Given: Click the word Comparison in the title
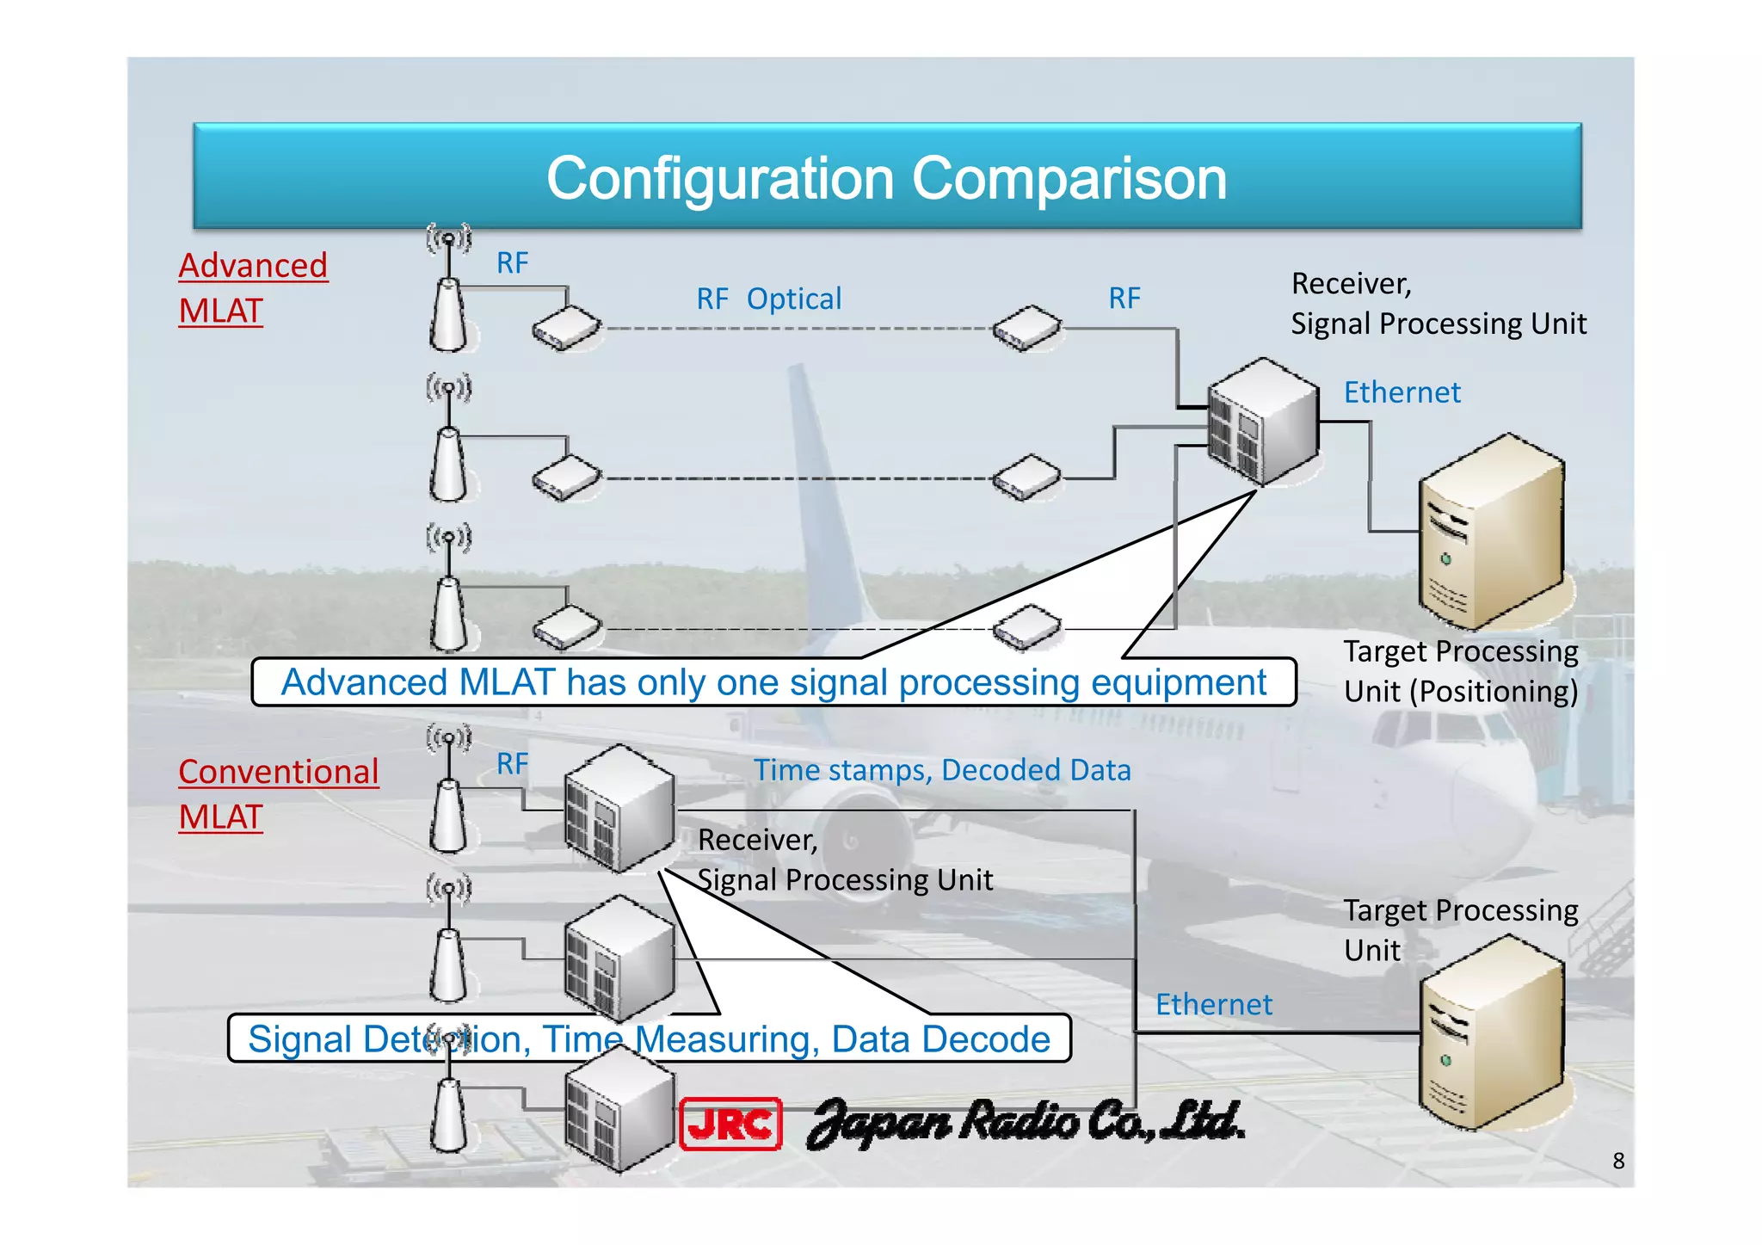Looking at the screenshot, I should pyautogui.click(x=1069, y=179).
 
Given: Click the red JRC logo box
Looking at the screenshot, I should pyautogui.click(x=730, y=1124).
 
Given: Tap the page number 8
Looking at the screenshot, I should pyautogui.click(x=1618, y=1161).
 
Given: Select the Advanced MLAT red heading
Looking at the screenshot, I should pyautogui.click(x=253, y=287).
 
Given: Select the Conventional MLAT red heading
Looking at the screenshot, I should pyautogui.click(x=278, y=793).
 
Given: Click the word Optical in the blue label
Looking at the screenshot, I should pyautogui.click(x=793, y=299).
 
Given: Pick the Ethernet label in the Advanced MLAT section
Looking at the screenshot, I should pyautogui.click(x=1402, y=392).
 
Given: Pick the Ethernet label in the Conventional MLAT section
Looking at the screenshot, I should pyautogui.click(x=1213, y=1004).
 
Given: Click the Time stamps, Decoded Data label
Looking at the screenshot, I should pyautogui.click(x=942, y=770).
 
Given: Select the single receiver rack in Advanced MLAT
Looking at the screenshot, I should pyautogui.click(x=1262, y=422).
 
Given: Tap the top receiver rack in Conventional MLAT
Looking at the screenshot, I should pyautogui.click(x=619, y=809).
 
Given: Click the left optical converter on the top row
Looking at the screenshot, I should pyautogui.click(x=565, y=329).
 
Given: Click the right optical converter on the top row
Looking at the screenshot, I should pyautogui.click(x=1026, y=328).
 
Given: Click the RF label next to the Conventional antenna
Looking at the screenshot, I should pyautogui.click(x=512, y=764).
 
